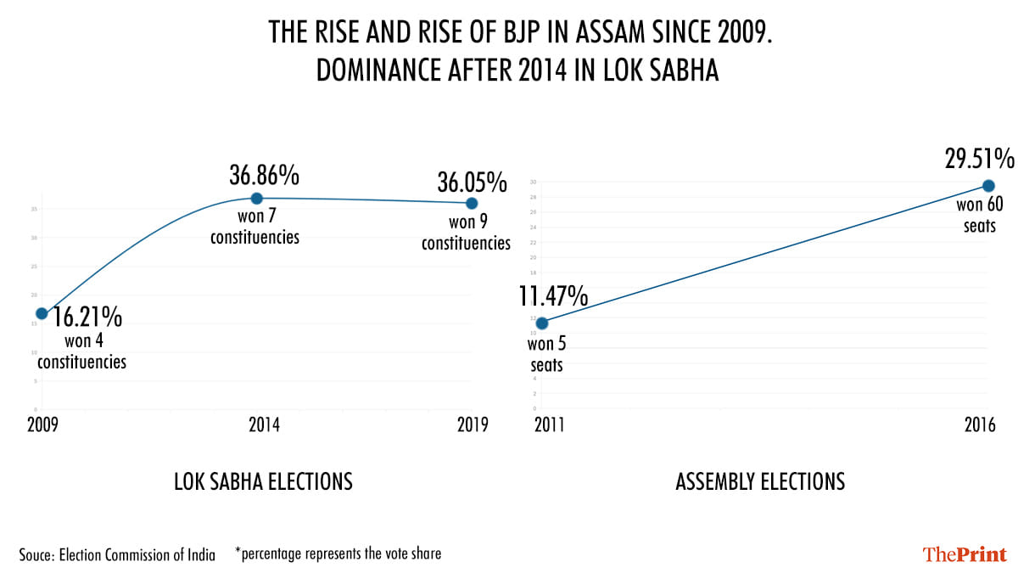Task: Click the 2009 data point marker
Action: pos(42,313)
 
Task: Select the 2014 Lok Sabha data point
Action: pos(257,198)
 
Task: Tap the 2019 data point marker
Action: pos(472,203)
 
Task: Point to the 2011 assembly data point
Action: pos(542,323)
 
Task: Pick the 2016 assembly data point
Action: pos(988,186)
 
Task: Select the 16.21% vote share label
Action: pos(88,318)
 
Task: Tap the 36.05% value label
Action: pos(472,182)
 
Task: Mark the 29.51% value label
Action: pos(980,159)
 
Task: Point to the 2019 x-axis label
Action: pos(471,426)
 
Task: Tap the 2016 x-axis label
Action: pos(980,426)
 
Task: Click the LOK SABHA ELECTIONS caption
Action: pos(263,482)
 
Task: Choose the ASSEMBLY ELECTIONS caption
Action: pos(760,482)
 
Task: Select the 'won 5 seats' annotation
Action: pos(545,355)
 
